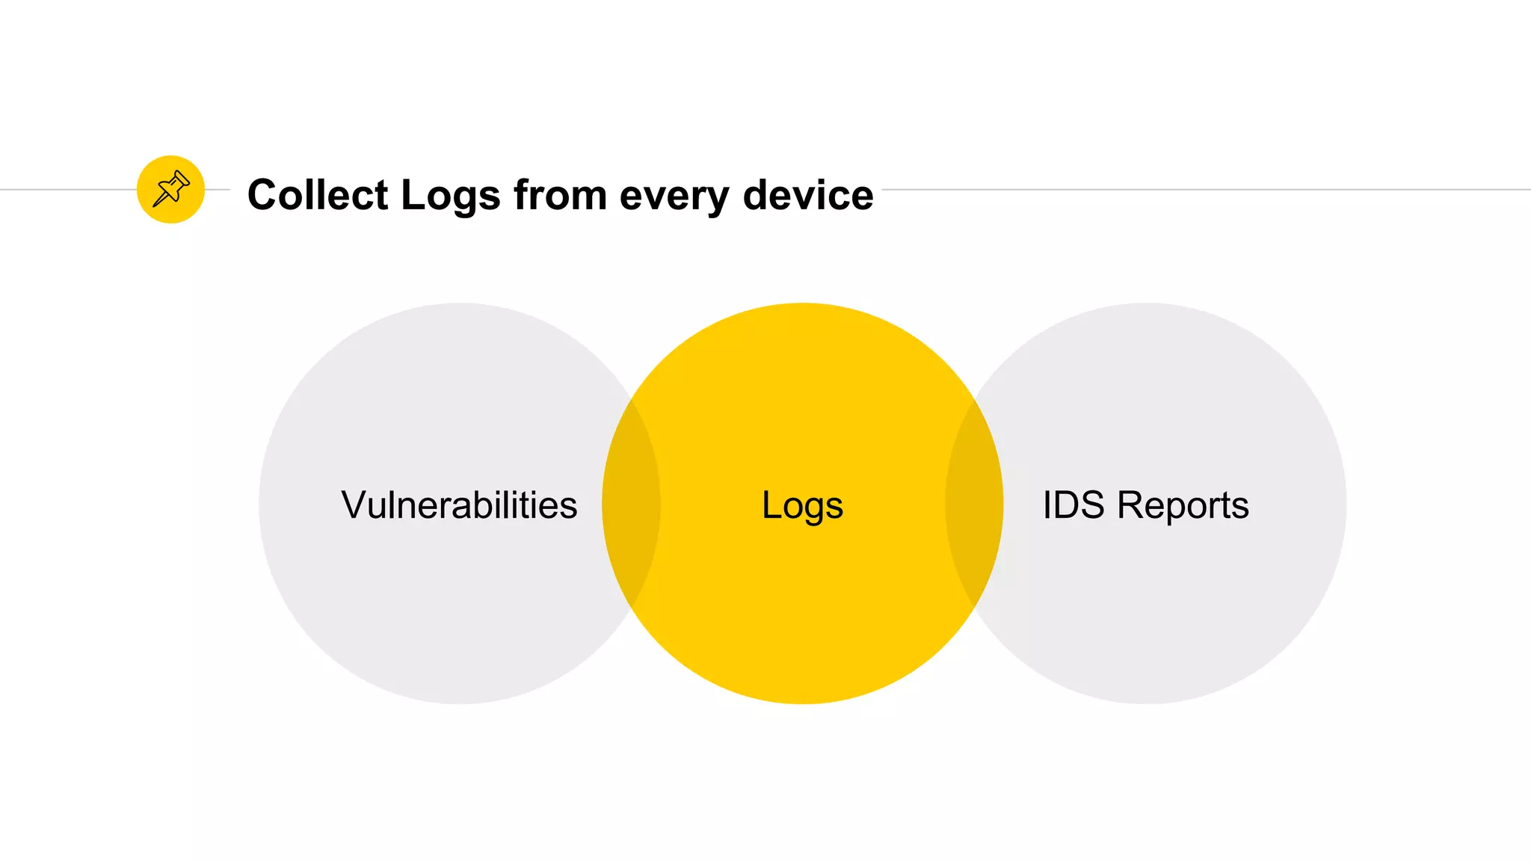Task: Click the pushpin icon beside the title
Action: pos(170,189)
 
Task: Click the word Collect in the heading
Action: pos(318,195)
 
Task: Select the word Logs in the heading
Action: pos(450,197)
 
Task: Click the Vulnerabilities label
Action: pos(459,505)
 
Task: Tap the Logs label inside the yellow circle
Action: pos(802,506)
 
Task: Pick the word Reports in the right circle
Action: pos(1183,506)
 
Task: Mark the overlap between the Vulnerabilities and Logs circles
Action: pos(632,503)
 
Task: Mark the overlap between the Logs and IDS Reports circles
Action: pos(974,503)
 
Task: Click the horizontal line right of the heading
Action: pos(1196,189)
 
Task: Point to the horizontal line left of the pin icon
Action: pos(67,189)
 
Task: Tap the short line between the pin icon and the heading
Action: pos(218,189)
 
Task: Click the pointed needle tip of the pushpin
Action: pos(155,205)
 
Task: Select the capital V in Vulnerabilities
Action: pos(354,505)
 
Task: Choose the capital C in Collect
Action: pos(265,195)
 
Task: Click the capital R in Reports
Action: pos(1131,505)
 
